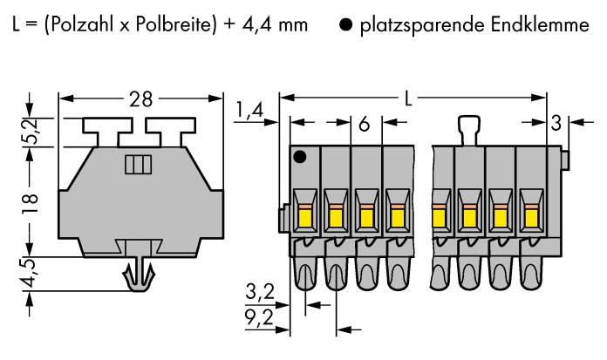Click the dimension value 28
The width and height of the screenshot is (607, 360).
click(x=141, y=99)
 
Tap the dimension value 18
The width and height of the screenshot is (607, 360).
click(x=31, y=203)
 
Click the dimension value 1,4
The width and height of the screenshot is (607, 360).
click(x=249, y=111)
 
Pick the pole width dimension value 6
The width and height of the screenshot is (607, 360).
click(x=365, y=125)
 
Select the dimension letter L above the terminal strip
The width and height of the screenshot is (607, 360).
click(x=408, y=98)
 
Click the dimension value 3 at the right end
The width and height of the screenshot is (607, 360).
click(x=556, y=124)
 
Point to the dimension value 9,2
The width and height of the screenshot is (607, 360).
click(x=260, y=318)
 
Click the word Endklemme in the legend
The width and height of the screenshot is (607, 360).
click(x=540, y=24)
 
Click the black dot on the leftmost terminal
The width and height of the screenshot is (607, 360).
click(x=300, y=157)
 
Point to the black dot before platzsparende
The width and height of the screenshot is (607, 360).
click(x=345, y=25)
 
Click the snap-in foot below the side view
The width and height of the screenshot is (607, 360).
click(x=139, y=275)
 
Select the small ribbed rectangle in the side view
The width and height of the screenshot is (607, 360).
click(x=138, y=165)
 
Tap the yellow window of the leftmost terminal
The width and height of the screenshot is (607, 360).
click(x=304, y=218)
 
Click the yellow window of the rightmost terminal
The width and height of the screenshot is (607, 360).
click(x=531, y=218)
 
